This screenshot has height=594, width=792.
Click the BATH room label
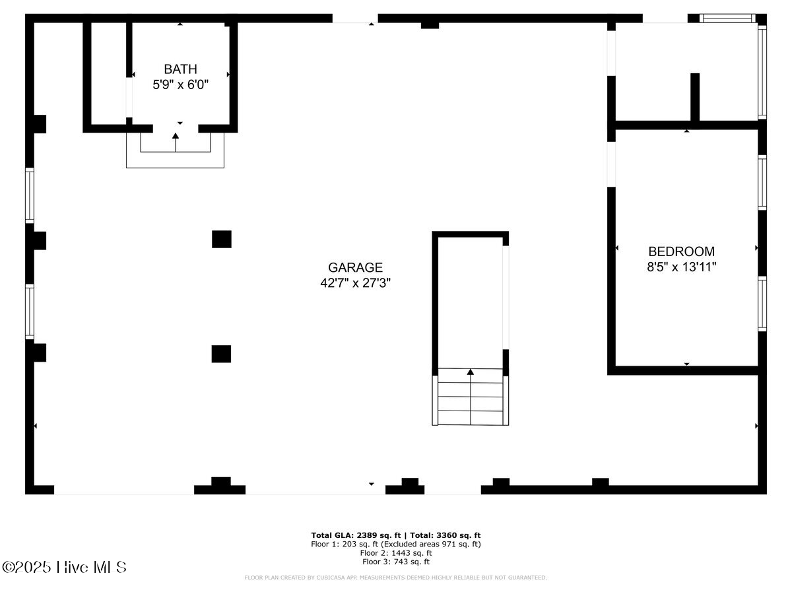pyautogui.click(x=180, y=69)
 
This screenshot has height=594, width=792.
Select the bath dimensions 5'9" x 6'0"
pyautogui.click(x=180, y=84)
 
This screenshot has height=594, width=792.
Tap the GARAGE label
pyautogui.click(x=355, y=267)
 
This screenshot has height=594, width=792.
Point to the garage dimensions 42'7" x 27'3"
pyautogui.click(x=355, y=283)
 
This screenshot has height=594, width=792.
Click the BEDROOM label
pyautogui.click(x=681, y=251)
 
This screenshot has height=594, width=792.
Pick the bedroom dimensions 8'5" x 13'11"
pyautogui.click(x=681, y=267)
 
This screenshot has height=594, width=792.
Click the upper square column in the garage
pyautogui.click(x=222, y=239)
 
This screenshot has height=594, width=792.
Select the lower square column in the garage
pyautogui.click(x=222, y=354)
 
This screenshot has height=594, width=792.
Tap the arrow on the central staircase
pyautogui.click(x=471, y=374)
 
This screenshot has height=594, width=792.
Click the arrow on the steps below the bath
pyautogui.click(x=176, y=137)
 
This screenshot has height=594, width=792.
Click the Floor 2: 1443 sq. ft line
pyautogui.click(x=396, y=553)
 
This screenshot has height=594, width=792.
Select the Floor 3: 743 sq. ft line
pyautogui.click(x=396, y=562)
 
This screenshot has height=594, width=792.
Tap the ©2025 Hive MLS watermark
pyautogui.click(x=64, y=567)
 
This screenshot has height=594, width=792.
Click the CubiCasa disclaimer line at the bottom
pyautogui.click(x=396, y=578)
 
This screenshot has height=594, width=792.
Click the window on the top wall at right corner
pyautogui.click(x=726, y=18)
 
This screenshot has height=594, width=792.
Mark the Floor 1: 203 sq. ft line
pyautogui.click(x=396, y=544)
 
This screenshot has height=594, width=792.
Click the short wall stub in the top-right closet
pyautogui.click(x=694, y=97)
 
